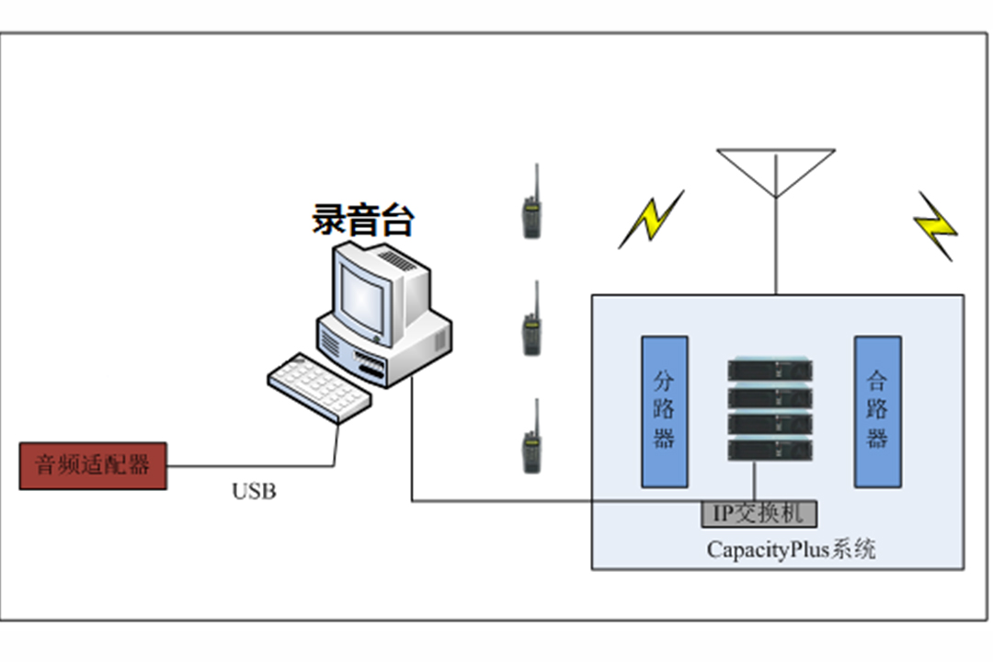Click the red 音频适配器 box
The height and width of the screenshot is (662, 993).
[x=93, y=465]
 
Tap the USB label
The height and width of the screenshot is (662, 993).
[x=254, y=492]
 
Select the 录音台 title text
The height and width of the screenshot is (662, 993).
[x=363, y=219]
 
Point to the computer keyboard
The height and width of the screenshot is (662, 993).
[x=319, y=387]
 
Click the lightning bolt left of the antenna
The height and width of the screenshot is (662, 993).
[x=651, y=220]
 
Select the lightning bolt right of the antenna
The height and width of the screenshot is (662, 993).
[x=935, y=226]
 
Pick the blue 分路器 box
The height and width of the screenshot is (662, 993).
[x=665, y=412]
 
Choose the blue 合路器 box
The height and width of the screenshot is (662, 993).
[x=878, y=412]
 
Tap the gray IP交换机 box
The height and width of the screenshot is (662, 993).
[x=759, y=514]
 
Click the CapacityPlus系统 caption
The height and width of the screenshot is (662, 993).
[x=791, y=549]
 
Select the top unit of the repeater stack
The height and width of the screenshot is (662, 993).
[x=770, y=370]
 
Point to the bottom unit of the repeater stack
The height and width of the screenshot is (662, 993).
[x=770, y=450]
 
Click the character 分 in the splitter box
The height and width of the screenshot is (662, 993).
[x=664, y=381]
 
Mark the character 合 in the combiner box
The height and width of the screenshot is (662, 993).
[x=877, y=381]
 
